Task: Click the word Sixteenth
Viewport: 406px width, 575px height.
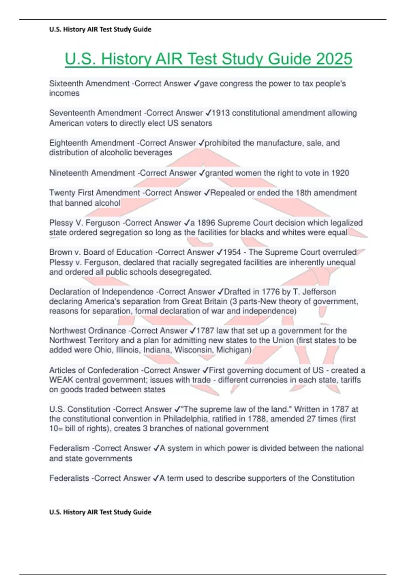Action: (x=66, y=84)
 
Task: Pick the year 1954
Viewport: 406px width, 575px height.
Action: (x=232, y=252)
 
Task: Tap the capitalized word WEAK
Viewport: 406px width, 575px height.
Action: (x=61, y=380)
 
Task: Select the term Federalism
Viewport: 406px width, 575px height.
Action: (x=69, y=448)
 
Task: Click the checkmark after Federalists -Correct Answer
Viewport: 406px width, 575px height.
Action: (x=156, y=478)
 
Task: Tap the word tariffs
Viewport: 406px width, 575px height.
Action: (x=351, y=380)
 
